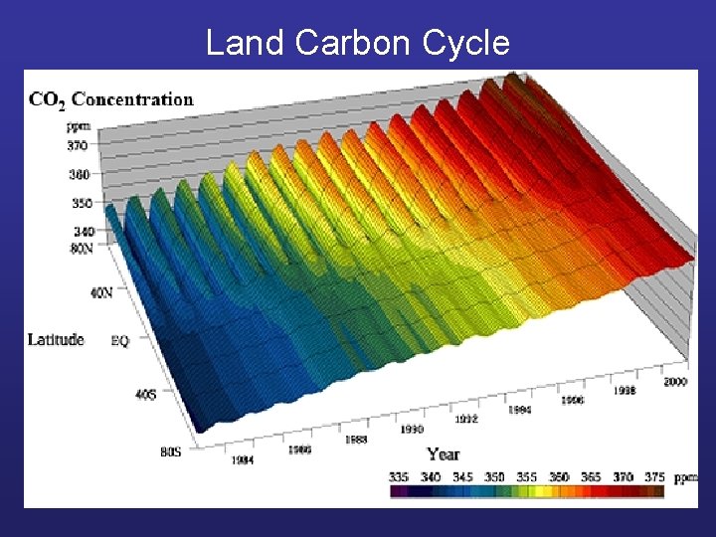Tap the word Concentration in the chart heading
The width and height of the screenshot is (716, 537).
coord(132,98)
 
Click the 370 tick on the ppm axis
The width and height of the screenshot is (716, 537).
coord(78,145)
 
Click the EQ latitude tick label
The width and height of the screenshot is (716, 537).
coord(119,340)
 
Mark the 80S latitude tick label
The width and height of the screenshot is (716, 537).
coord(170,452)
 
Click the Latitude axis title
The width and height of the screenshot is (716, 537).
coord(57,339)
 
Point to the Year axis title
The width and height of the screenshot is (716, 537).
coord(443,453)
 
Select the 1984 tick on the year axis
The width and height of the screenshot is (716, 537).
coord(243,460)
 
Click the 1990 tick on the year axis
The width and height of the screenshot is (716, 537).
coord(412,429)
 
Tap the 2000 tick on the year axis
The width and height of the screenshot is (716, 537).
coord(676,381)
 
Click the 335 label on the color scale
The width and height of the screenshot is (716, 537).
coord(399,477)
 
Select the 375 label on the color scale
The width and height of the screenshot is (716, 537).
coord(653,477)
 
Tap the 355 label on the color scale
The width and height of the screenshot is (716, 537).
coord(526,477)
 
